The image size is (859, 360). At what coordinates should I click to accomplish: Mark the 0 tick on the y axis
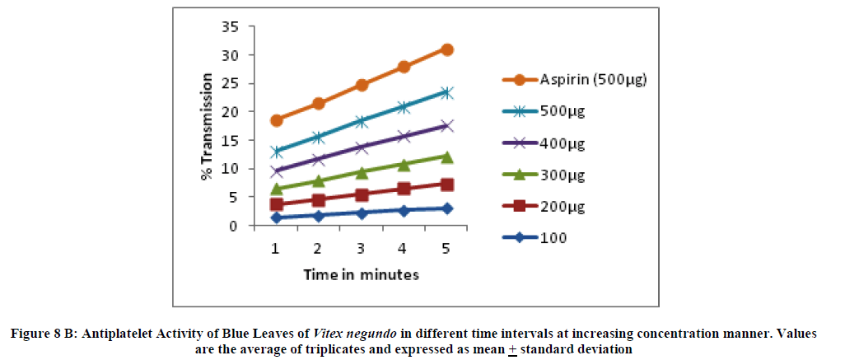(x=236, y=226)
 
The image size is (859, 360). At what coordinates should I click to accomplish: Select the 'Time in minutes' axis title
(x=361, y=274)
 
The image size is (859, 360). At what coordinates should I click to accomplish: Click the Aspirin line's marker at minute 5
(x=447, y=49)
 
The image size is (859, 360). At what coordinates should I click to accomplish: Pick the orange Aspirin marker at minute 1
(x=277, y=120)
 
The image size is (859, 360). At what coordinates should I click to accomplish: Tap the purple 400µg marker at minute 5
(x=447, y=126)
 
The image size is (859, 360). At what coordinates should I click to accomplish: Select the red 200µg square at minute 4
(x=404, y=189)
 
